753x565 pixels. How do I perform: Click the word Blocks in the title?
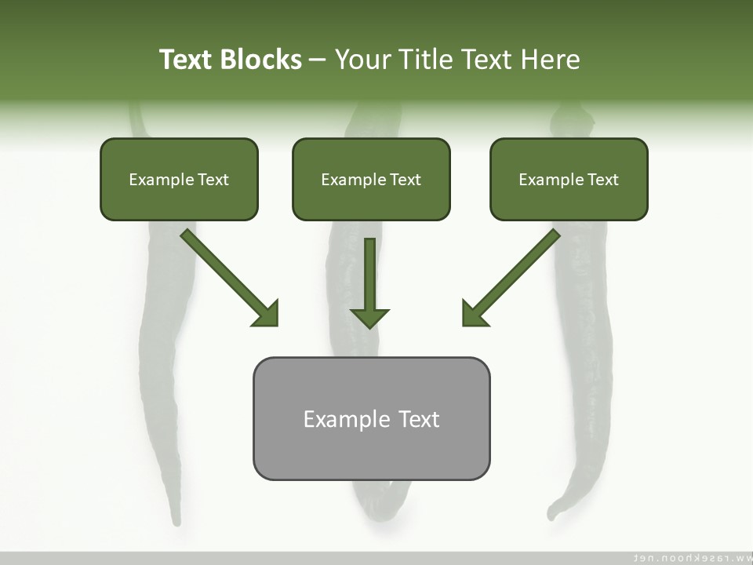pyautogui.click(x=260, y=60)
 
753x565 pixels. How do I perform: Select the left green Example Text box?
pyautogui.click(x=179, y=180)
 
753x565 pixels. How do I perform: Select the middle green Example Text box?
pyautogui.click(x=371, y=180)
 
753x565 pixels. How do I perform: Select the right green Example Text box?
pyautogui.click(x=569, y=180)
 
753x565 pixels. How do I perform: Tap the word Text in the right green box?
pyautogui.click(x=603, y=180)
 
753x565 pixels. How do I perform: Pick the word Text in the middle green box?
pyautogui.click(x=406, y=180)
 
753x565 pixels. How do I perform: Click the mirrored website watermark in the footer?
pyautogui.click(x=691, y=557)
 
